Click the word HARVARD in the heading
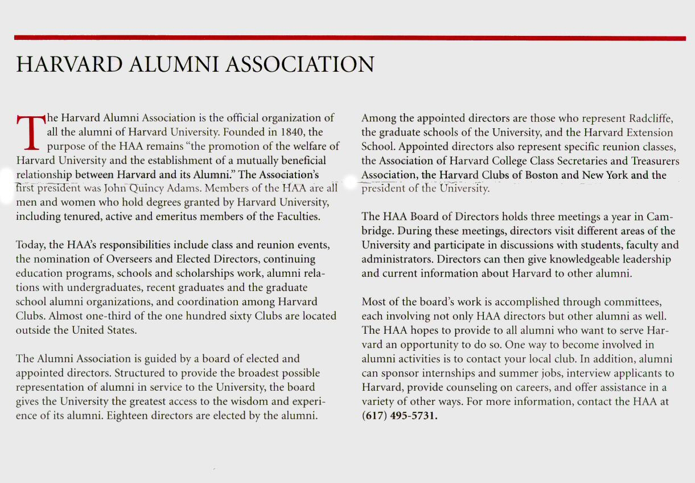point(69,64)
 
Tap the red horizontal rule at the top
point(349,38)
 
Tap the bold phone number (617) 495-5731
point(400,415)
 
